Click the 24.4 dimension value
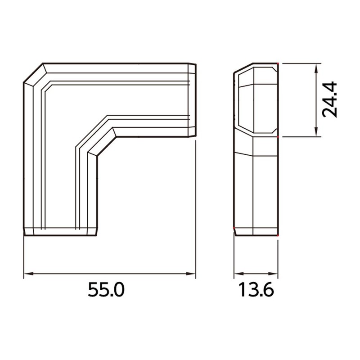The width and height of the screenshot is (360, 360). (x=331, y=100)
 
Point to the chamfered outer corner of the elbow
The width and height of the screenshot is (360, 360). (x=33, y=73)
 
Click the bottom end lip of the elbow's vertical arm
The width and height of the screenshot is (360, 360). (x=60, y=231)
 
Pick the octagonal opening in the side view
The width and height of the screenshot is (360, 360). (x=256, y=100)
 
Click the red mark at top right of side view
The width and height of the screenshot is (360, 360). (x=278, y=64)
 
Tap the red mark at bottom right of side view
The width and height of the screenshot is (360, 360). (x=278, y=235)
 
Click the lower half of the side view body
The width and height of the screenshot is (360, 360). (x=256, y=189)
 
